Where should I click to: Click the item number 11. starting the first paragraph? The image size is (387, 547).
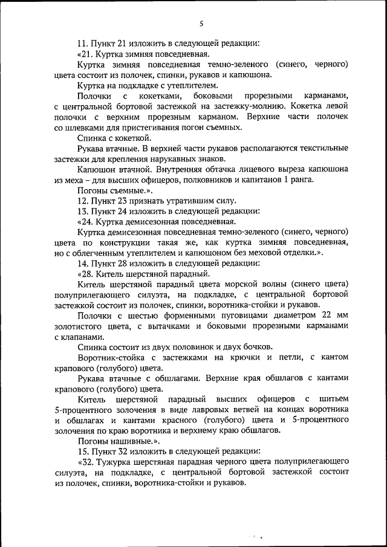(x=83, y=43)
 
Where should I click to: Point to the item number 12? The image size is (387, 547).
(x=83, y=200)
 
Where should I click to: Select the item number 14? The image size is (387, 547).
(x=83, y=263)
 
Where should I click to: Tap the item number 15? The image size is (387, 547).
(x=83, y=452)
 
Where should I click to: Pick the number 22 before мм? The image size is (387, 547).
(x=327, y=316)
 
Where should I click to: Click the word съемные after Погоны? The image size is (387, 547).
(x=126, y=190)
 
